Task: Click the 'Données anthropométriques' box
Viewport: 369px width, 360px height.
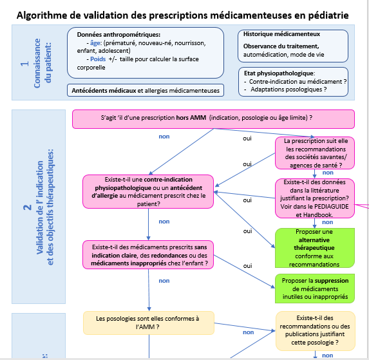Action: tap(149, 54)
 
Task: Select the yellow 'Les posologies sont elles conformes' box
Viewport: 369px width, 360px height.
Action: tap(148, 323)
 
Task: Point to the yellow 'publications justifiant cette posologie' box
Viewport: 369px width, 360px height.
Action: tap(314, 330)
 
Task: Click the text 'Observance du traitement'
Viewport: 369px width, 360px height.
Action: tap(281, 46)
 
